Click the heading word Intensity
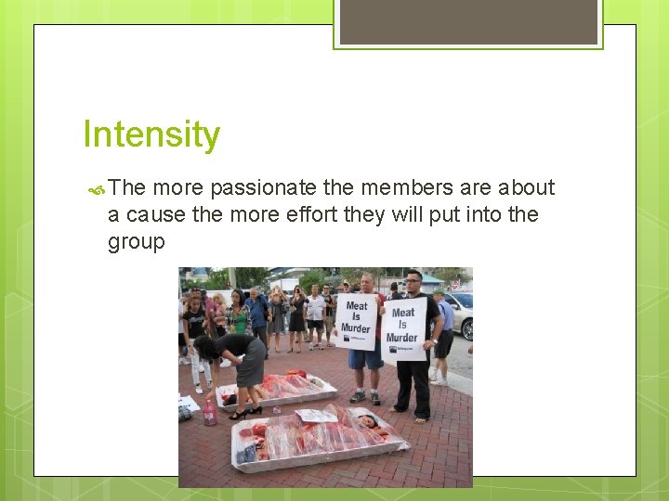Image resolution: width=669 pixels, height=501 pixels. click(151, 135)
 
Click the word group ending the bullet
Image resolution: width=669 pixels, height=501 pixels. click(136, 242)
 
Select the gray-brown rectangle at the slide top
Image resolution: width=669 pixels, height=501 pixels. click(467, 20)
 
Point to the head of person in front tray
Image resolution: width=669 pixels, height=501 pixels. click(367, 422)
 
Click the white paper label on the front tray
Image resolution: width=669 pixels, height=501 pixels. click(315, 416)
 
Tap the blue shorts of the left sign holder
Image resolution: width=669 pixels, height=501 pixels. click(364, 358)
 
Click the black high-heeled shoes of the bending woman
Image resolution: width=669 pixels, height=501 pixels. click(243, 413)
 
